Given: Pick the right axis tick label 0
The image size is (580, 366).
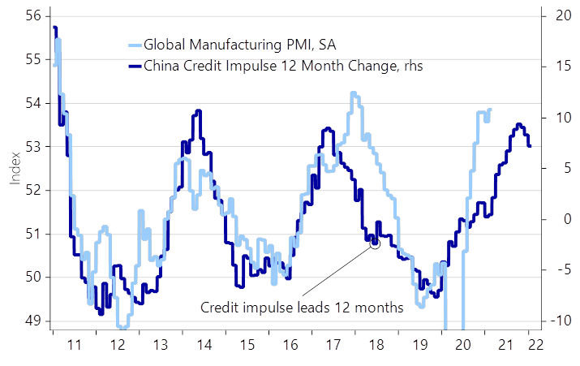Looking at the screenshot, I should coord(559,219).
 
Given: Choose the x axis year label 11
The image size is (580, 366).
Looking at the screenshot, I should coord(74,345).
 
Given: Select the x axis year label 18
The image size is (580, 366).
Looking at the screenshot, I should coord(376,345).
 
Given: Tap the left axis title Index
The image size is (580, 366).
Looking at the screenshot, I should coord(15,167).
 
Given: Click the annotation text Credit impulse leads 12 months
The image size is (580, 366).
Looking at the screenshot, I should coord(302,308).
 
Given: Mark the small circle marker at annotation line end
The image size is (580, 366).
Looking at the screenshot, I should coord(374,242).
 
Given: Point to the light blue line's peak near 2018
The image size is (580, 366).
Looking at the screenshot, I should coord(354,93).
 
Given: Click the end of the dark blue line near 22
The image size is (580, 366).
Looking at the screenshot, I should coord(531,147).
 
